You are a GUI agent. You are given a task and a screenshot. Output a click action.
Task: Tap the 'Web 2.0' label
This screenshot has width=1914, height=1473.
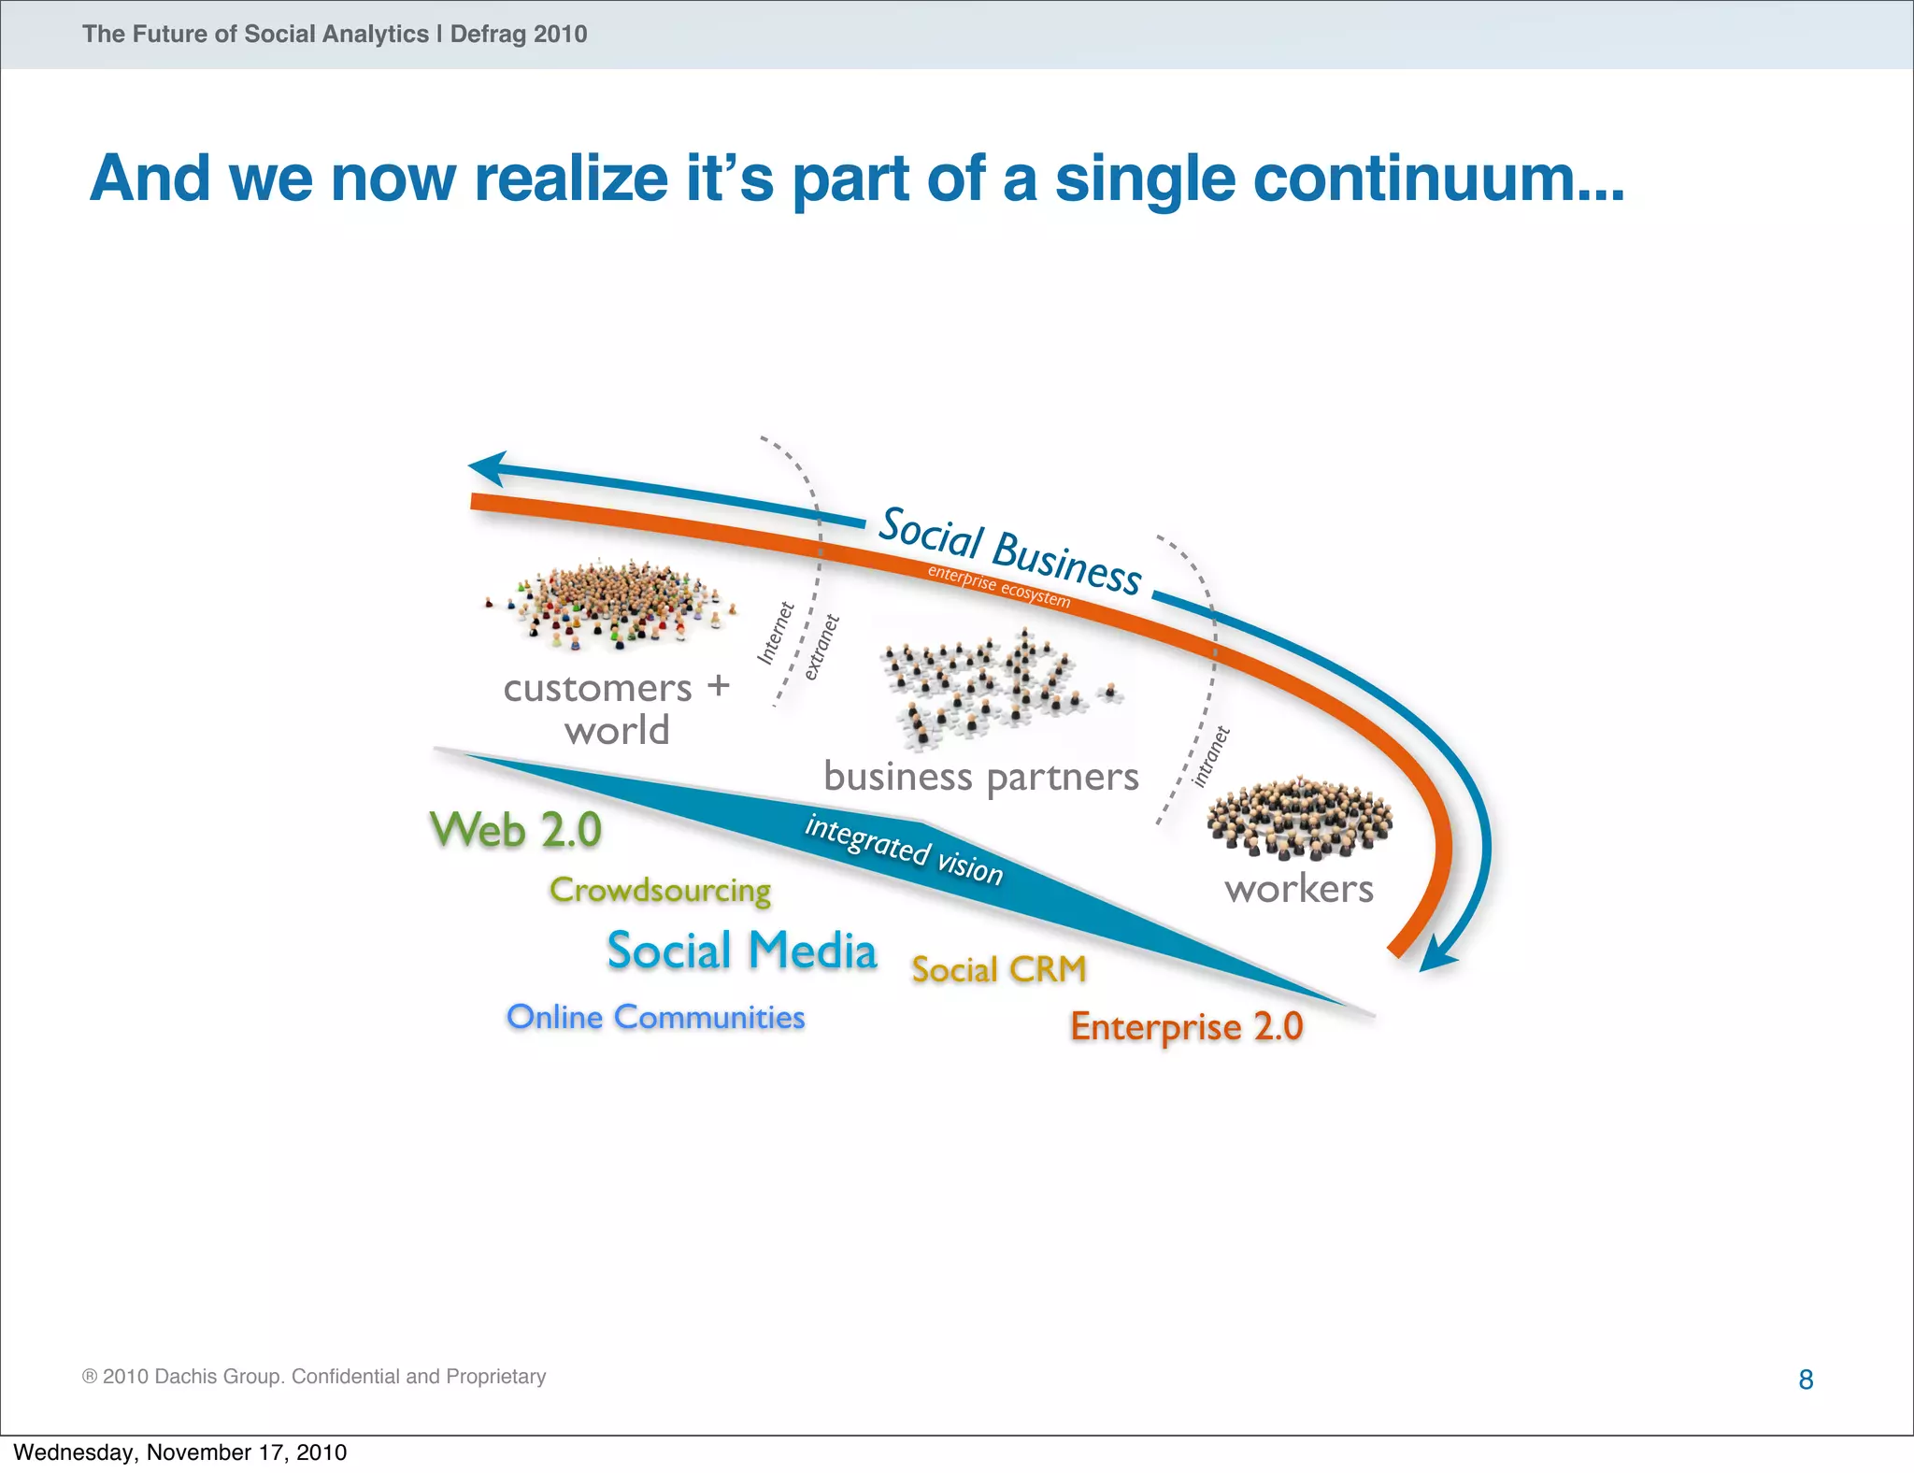coord(515,830)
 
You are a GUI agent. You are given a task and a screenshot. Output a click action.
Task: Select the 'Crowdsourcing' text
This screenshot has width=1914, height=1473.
coord(660,890)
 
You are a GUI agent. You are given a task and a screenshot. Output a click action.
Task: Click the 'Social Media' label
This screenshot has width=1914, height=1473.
coord(742,951)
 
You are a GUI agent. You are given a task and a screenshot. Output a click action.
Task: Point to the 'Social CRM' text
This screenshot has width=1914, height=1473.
coord(999,969)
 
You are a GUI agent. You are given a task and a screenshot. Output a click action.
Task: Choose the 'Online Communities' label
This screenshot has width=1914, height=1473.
coord(655,1017)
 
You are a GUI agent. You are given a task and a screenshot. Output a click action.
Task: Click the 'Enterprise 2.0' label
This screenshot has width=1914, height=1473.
coord(1186,1026)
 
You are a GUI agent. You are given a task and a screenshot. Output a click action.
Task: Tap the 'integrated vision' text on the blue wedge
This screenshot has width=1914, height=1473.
coord(904,850)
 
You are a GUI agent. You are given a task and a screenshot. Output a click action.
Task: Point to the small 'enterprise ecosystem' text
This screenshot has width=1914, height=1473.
coord(998,586)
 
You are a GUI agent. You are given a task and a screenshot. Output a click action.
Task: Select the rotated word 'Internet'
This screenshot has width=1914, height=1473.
coord(775,634)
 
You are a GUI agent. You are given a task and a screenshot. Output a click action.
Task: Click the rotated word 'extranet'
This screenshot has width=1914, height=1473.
coord(822,647)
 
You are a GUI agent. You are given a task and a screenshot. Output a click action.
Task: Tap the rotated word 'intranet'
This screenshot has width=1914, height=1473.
coord(1212,756)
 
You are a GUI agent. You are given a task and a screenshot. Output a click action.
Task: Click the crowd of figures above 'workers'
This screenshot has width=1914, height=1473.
coord(1299,817)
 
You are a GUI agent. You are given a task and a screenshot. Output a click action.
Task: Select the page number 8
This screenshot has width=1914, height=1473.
coord(1806,1380)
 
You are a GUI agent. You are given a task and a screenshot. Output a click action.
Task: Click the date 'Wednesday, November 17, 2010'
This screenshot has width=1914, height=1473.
coord(179,1452)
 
